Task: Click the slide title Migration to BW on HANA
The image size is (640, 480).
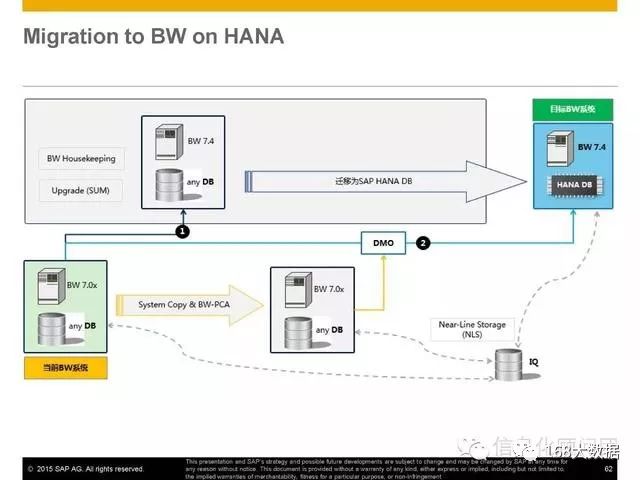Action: [x=153, y=38]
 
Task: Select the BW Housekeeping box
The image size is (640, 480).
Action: [x=81, y=159]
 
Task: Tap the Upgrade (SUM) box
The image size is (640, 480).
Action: [x=81, y=189]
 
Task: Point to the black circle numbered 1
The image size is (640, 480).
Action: [x=183, y=231]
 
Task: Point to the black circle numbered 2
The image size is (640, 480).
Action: [x=424, y=243]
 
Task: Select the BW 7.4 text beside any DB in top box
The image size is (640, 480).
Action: [x=201, y=140]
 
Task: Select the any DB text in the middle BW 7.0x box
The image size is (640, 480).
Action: [x=330, y=330]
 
